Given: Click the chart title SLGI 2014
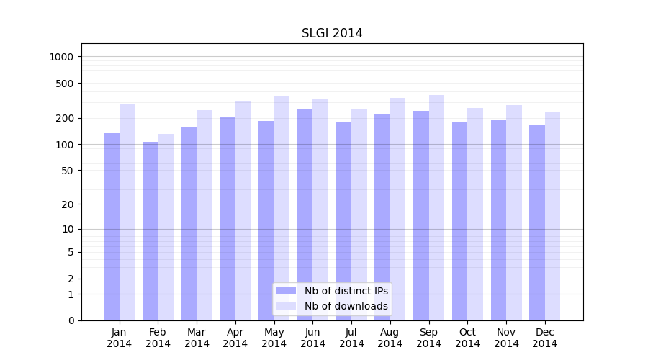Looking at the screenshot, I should pos(332,34).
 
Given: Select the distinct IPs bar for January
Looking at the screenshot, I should pos(112,226).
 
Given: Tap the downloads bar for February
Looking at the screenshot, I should pos(166,227).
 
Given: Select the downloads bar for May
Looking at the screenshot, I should pos(282,208).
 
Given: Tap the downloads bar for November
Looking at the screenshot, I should pos(514,212).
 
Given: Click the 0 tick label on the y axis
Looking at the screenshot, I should pos(71,320).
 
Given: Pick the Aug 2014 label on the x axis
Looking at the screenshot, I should pos(390,338).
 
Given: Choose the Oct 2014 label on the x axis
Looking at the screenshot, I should pos(467,338).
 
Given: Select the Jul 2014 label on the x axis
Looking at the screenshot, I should pos(351,338).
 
